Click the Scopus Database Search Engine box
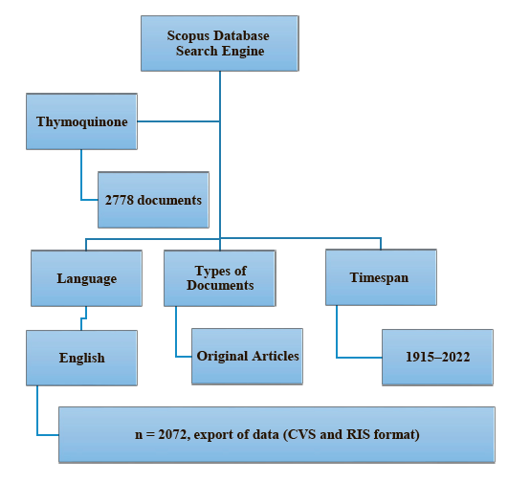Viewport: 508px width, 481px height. coord(220,43)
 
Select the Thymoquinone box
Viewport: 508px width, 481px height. coord(81,121)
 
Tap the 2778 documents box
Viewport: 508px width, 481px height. coord(153,200)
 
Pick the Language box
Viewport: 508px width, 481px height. coord(86,278)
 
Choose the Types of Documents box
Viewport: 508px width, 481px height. coord(220,278)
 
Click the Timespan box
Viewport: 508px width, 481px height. coord(381,277)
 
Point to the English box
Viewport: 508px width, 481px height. coord(81,358)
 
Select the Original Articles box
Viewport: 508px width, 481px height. coord(247,357)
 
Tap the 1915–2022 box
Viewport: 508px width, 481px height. coord(437,358)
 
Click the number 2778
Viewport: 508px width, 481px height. coord(120,200)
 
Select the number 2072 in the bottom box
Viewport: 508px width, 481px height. coord(172,435)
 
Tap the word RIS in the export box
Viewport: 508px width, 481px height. coord(358,434)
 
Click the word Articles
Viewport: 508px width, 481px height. coord(276,356)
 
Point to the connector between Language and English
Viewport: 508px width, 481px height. coord(83,318)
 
